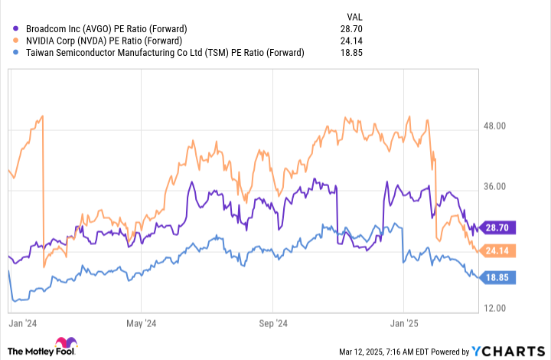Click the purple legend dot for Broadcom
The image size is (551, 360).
(8, 28)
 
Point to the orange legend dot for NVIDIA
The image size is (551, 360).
(8, 41)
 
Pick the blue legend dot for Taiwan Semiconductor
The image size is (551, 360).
(8, 53)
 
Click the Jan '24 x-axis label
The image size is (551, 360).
(24, 324)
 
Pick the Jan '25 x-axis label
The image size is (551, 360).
(403, 324)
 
